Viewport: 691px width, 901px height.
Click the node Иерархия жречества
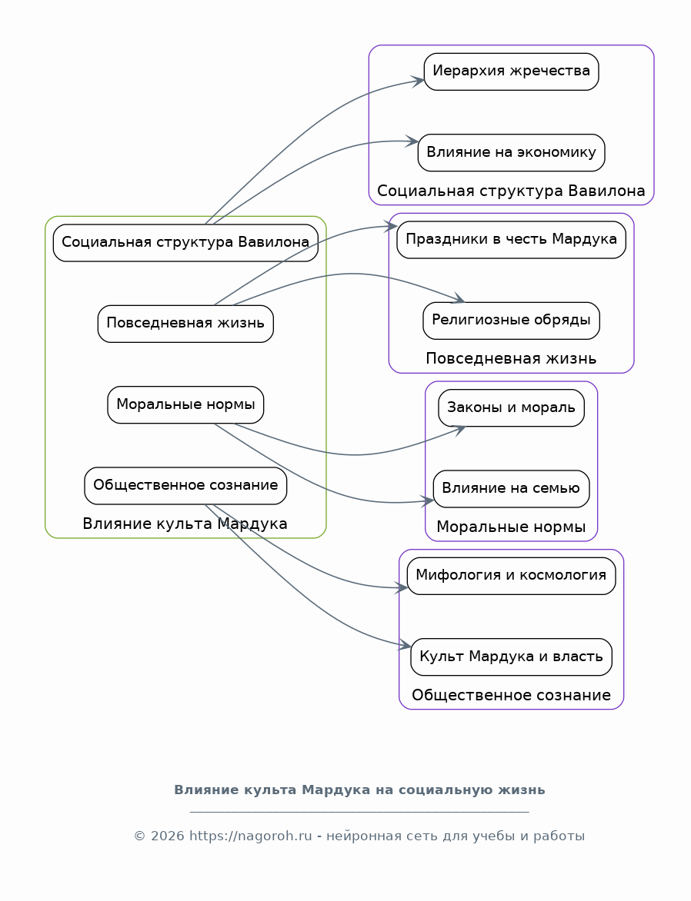point(511,71)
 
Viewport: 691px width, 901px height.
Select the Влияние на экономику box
point(511,153)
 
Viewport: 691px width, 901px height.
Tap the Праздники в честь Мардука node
point(511,240)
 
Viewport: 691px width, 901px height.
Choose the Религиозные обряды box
point(511,321)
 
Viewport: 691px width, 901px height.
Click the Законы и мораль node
point(511,408)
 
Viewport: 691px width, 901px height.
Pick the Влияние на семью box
point(511,489)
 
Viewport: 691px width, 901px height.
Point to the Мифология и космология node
point(511,576)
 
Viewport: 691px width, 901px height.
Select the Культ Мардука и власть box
point(511,657)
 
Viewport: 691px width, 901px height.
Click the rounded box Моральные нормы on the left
point(185,404)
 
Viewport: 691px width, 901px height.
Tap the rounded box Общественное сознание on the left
point(185,486)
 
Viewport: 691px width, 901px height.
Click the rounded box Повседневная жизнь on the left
point(185,324)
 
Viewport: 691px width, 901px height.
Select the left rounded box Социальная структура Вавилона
point(185,242)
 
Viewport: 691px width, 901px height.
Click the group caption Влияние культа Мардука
point(185,524)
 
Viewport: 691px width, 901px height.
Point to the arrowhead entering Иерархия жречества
point(418,81)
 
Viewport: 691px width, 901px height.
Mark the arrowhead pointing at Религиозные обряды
point(459,298)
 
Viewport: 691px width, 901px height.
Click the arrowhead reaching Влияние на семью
point(427,501)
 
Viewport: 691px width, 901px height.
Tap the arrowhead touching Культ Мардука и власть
point(405,645)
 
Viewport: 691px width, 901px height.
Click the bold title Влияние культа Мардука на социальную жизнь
point(359,790)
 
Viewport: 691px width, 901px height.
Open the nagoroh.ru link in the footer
point(250,836)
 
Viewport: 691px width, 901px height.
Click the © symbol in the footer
point(139,836)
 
